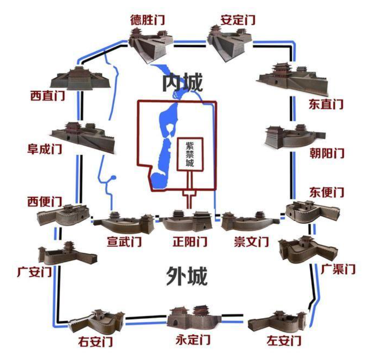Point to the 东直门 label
point(326,104)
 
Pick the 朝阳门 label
point(326,153)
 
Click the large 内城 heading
point(183,84)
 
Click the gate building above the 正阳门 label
point(187,221)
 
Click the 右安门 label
point(95,341)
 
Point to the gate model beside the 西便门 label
point(63,215)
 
